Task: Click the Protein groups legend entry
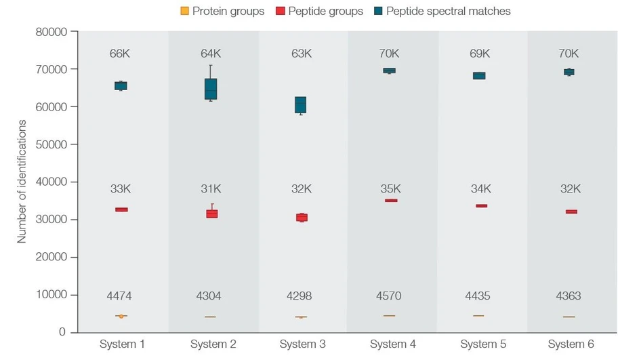pyautogui.click(x=222, y=11)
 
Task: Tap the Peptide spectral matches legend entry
pyautogui.click(x=441, y=11)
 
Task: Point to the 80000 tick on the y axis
pyautogui.click(x=52, y=32)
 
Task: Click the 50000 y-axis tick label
pyautogui.click(x=52, y=144)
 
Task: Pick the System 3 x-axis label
pyautogui.click(x=302, y=344)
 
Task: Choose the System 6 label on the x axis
pyautogui.click(x=571, y=344)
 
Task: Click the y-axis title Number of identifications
pyautogui.click(x=22, y=182)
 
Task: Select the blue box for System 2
pyautogui.click(x=211, y=89)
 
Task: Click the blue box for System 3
pyautogui.click(x=301, y=104)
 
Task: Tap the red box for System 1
pyautogui.click(x=121, y=209)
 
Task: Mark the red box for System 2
pyautogui.click(x=211, y=214)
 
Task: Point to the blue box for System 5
pyautogui.click(x=479, y=76)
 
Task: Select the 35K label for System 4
pyautogui.click(x=390, y=189)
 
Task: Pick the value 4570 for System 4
pyautogui.click(x=390, y=296)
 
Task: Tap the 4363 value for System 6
pyautogui.click(x=569, y=296)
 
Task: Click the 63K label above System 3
pyautogui.click(x=301, y=54)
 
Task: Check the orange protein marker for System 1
pyautogui.click(x=121, y=316)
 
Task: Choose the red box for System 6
pyautogui.click(x=571, y=212)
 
